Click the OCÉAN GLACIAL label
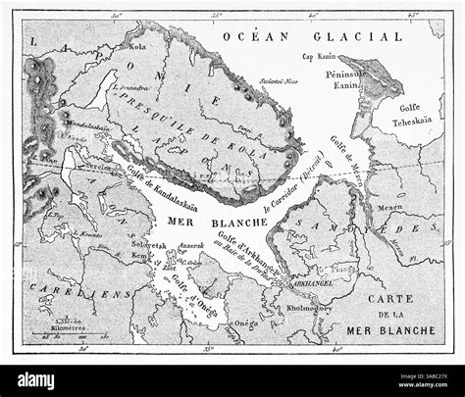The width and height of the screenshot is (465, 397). coord(312,36)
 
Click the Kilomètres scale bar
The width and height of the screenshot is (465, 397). coord(58,331)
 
